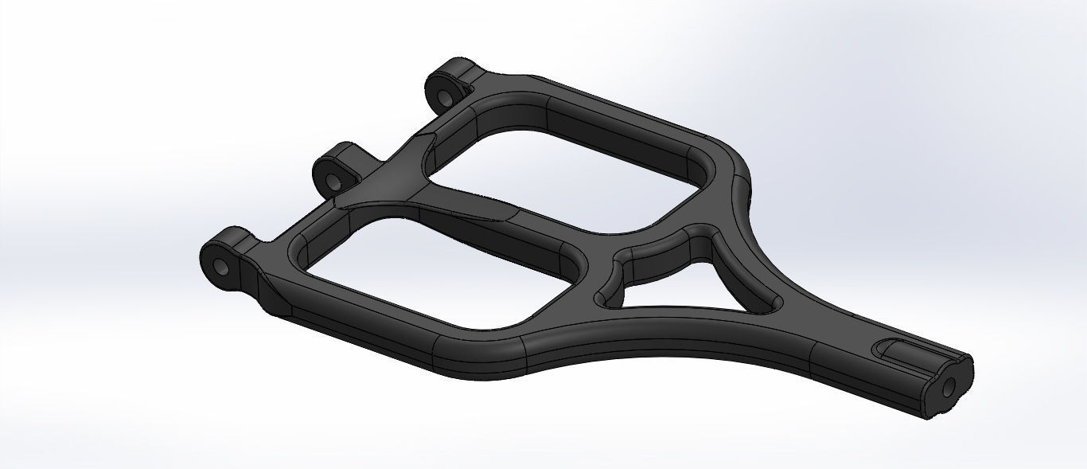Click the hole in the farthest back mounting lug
(440, 92)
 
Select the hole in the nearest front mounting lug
(225, 267)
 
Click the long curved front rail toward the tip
(637, 342)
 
